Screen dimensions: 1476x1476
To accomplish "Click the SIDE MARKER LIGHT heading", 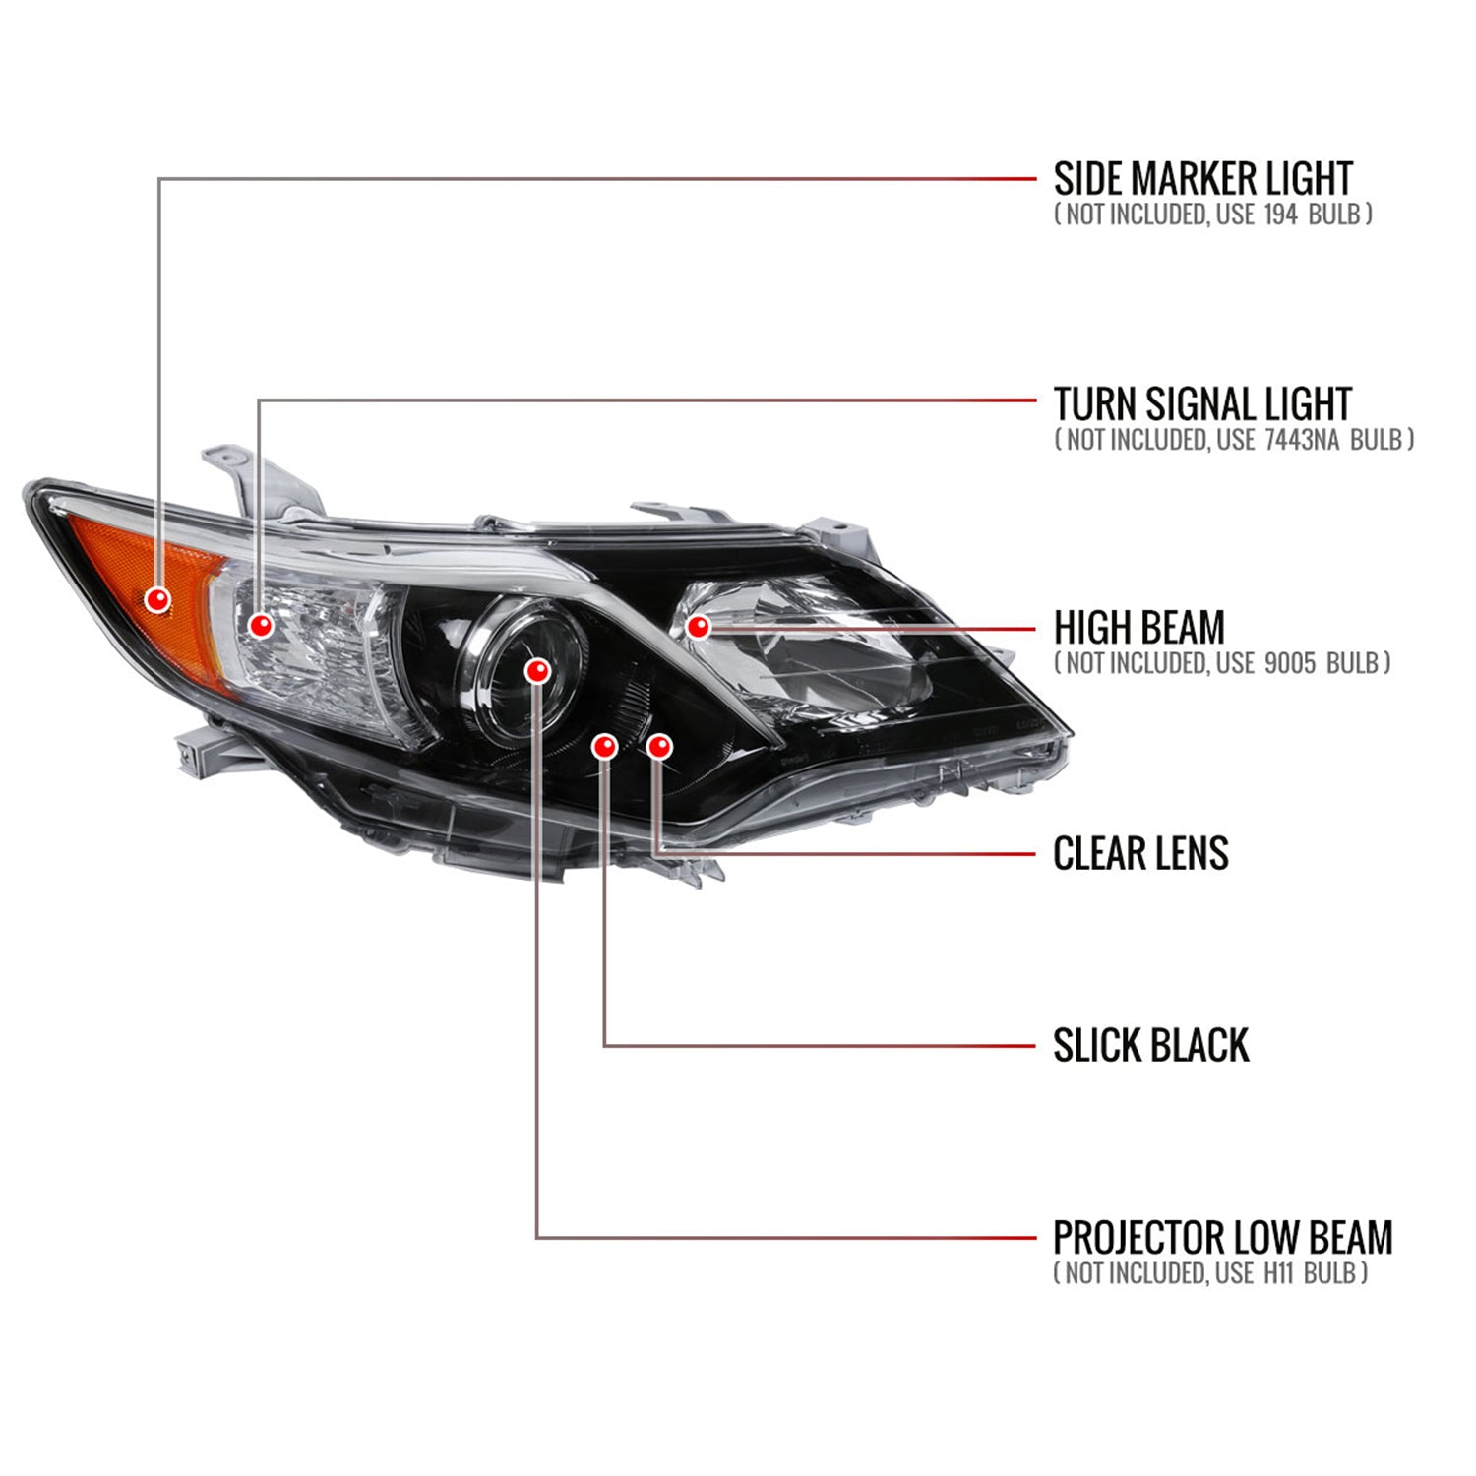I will click(x=1202, y=179).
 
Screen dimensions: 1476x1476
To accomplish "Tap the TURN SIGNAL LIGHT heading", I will click(x=1202, y=404).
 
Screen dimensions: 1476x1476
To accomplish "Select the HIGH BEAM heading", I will click(x=1138, y=628).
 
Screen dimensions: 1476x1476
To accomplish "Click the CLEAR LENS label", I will click(x=1140, y=853).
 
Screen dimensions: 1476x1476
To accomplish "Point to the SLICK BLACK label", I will click(x=1150, y=1045).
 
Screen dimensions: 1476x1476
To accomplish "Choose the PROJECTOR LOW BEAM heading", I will click(x=1222, y=1238).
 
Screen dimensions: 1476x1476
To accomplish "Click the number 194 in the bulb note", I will click(x=1280, y=215).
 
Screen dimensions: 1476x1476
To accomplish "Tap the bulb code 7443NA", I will click(x=1301, y=440).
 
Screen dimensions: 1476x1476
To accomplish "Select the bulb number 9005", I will click(x=1289, y=663).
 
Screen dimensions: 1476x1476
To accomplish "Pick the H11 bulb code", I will click(x=1277, y=1273).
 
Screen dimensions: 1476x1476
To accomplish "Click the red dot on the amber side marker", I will click(x=157, y=599).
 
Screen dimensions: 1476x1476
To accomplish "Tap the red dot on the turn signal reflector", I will click(x=261, y=625).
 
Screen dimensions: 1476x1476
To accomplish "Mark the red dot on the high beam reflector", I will click(x=698, y=626).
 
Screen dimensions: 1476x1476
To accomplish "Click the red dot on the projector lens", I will click(x=536, y=671).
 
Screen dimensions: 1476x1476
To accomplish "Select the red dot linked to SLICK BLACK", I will click(x=604, y=746).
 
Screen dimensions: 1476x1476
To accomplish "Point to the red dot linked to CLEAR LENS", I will click(x=659, y=746).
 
